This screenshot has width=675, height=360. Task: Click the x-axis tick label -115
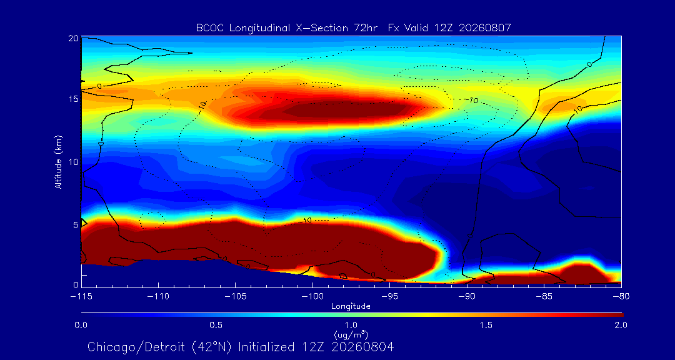point(81,297)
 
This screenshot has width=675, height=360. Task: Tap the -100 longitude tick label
point(312,297)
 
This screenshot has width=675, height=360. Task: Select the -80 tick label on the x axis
point(621,297)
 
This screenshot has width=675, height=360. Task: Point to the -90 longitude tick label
point(467,297)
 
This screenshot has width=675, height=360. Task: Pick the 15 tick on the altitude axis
point(73,99)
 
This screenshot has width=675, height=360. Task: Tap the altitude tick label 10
point(73,162)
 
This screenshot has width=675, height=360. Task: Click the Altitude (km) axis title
point(59,161)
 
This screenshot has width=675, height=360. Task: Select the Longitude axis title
point(351,307)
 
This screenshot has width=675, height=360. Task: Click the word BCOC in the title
point(211,28)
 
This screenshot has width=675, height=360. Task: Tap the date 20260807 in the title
point(485,28)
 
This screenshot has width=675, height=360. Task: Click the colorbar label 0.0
point(81,325)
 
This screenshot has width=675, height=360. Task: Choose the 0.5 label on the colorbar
point(216,325)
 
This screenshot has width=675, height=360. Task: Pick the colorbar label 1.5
point(486,325)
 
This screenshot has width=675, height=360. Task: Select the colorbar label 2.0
point(621,325)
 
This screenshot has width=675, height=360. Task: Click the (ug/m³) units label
point(351,334)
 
